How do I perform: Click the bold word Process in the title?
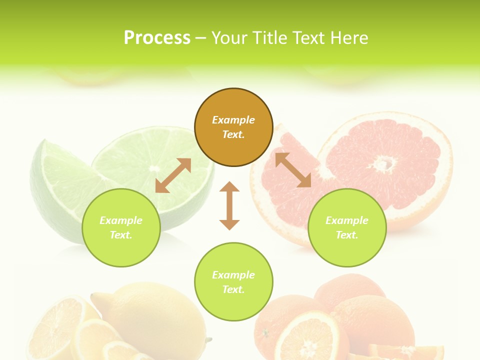click(x=157, y=38)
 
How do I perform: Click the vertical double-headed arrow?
click(x=229, y=205)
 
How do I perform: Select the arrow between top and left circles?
click(x=173, y=175)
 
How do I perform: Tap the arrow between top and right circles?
click(x=293, y=170)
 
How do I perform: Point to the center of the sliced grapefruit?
click(x=384, y=163)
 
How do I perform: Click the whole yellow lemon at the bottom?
click(x=150, y=312)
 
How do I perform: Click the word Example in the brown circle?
click(x=233, y=120)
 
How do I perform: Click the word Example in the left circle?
click(x=121, y=220)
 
